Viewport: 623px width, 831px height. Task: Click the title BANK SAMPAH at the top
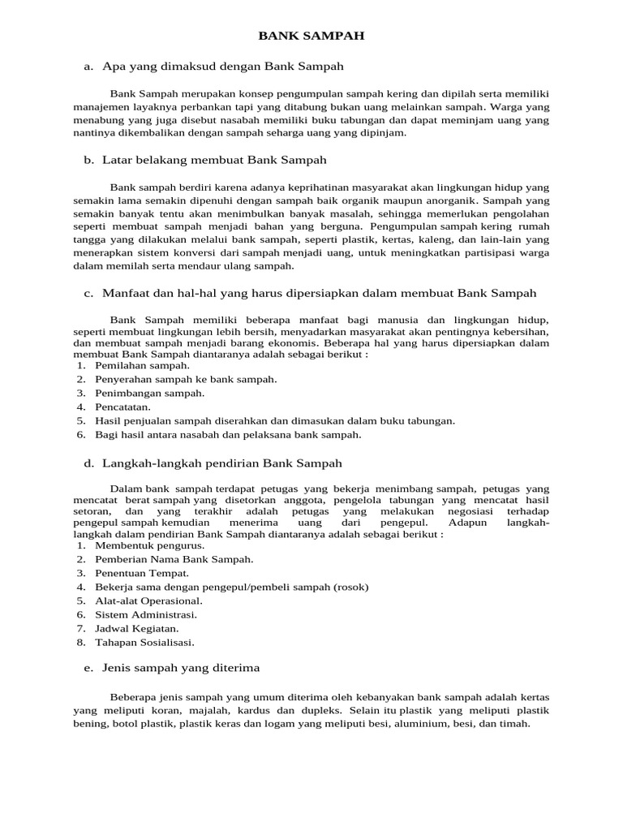coord(311,37)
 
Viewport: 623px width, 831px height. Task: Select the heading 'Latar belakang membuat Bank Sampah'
coord(214,161)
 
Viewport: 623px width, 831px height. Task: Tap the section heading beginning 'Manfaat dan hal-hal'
coord(320,292)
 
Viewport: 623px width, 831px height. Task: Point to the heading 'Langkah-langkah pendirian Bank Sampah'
coord(222,463)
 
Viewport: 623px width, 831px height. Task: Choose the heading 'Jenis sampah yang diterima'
coord(181,667)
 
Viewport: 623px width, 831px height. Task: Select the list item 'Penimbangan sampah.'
coord(149,393)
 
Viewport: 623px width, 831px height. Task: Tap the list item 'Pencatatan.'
coord(123,407)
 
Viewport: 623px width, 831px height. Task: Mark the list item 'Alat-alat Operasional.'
coord(148,601)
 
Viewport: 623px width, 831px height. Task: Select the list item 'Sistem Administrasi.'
coord(145,614)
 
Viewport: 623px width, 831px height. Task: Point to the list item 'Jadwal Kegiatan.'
coord(137,628)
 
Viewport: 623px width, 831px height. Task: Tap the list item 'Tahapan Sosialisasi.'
coord(144,642)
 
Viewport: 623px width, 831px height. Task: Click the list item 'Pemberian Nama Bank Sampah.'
coord(174,559)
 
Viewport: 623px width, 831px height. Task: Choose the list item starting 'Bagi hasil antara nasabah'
coord(228,434)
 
